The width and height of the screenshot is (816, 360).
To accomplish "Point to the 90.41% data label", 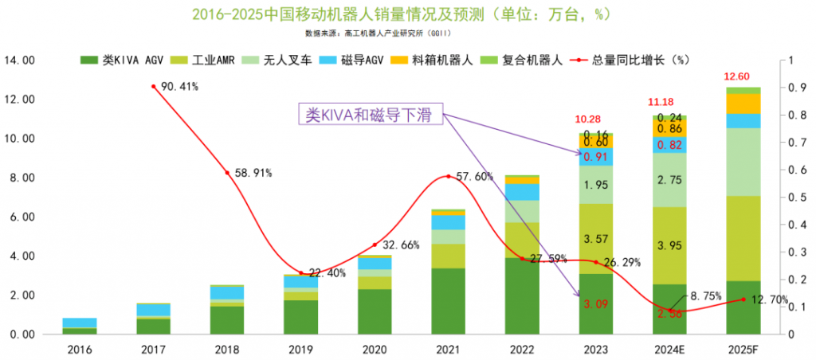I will [179, 86].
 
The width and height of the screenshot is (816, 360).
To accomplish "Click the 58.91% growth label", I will [253, 172].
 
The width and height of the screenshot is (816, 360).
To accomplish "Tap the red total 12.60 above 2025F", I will [736, 76].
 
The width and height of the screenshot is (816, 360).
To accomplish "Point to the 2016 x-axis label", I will [80, 349].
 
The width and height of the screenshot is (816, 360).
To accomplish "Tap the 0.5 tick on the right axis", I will [790, 198].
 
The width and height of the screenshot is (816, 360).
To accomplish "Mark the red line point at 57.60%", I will [449, 176].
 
